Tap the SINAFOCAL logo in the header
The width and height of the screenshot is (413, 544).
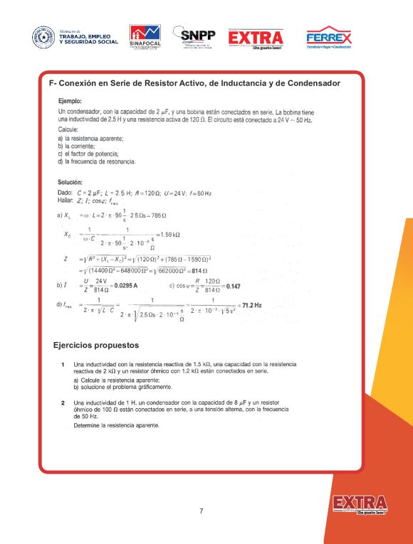tap(145, 37)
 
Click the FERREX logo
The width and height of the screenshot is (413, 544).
tap(328, 38)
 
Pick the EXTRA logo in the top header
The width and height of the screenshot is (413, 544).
tap(256, 38)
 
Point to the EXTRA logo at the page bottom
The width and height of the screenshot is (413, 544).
tap(360, 504)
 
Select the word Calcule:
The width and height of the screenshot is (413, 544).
tap(68, 130)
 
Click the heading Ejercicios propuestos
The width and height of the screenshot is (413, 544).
tap(96, 346)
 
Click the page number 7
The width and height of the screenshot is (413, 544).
tap(202, 511)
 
